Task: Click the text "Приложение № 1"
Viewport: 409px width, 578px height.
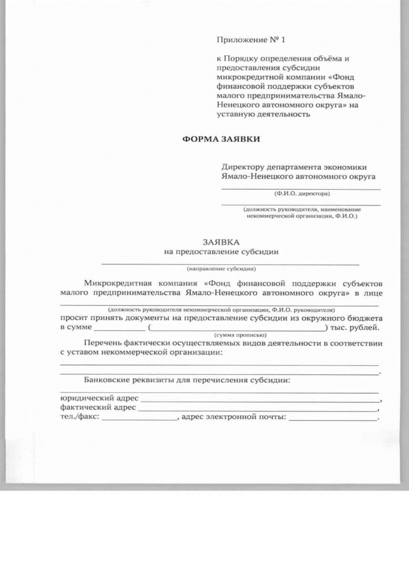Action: [x=249, y=40]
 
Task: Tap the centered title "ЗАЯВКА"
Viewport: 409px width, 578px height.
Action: [x=221, y=243]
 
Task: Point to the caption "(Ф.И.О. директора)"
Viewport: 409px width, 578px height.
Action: [x=301, y=193]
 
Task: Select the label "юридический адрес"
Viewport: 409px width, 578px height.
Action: [x=99, y=399]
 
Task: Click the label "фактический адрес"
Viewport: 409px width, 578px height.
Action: [x=98, y=409]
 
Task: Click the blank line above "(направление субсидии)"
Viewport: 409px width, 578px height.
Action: [x=230, y=263]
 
